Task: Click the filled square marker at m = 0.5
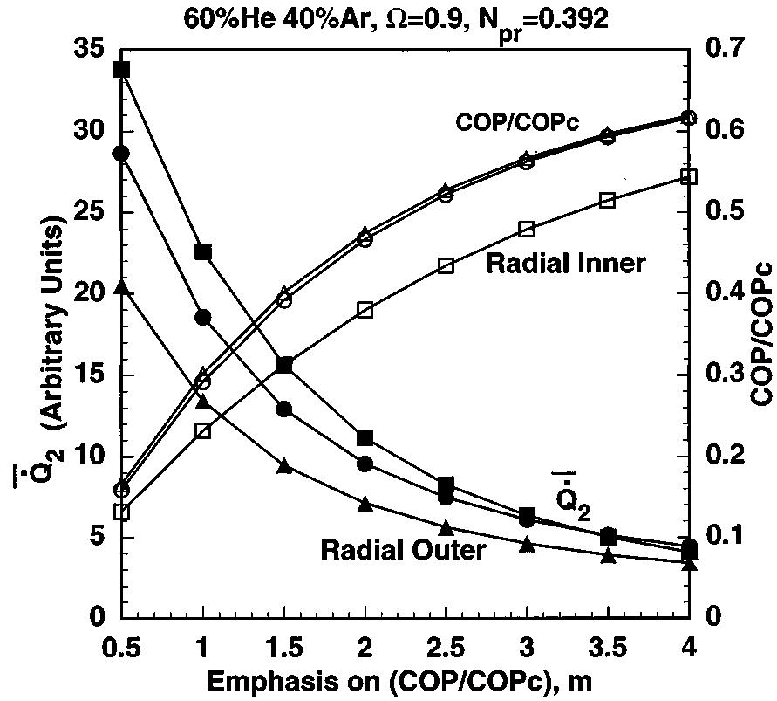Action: coord(122,70)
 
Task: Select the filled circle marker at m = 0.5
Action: coord(122,154)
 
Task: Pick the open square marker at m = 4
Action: coord(688,176)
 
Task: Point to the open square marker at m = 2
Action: coord(365,309)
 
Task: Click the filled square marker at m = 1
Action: coord(203,251)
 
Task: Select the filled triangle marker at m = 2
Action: coord(365,503)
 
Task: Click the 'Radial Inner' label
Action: coord(565,263)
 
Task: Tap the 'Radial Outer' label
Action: coord(403,550)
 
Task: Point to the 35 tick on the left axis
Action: coord(87,51)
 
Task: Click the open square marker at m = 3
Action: coord(527,229)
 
